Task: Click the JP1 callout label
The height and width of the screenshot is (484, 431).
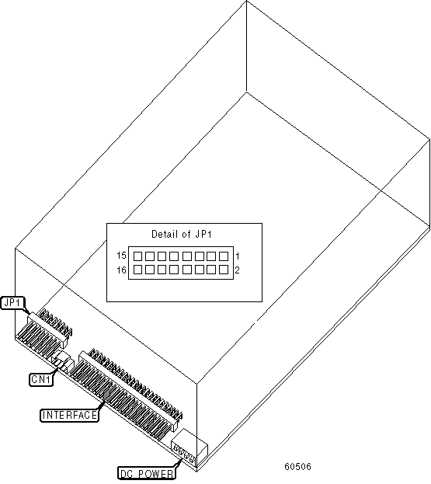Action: (12, 303)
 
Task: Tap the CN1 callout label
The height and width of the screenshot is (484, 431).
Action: (41, 379)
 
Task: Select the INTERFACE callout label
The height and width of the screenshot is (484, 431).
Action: (69, 415)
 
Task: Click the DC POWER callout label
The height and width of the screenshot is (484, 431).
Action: (147, 473)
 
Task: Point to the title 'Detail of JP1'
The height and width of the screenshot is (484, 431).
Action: (182, 235)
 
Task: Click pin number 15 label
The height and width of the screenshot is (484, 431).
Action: (122, 256)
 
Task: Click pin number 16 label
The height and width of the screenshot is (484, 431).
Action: (122, 270)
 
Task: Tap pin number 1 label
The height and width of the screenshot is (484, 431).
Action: (238, 256)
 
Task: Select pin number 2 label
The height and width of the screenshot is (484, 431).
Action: (238, 270)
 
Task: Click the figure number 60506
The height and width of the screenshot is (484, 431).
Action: (297, 466)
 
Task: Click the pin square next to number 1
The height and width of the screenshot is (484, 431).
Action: (224, 256)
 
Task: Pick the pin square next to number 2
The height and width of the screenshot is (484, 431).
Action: (224, 270)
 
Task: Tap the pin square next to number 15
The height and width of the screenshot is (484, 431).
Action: (137, 256)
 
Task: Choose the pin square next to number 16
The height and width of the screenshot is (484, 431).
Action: (137, 270)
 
